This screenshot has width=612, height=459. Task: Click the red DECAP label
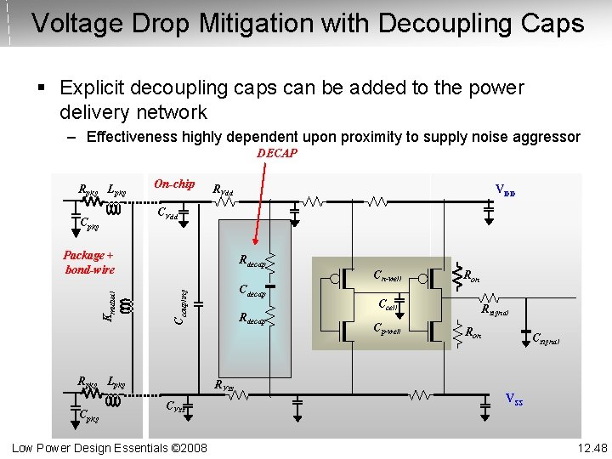[x=277, y=153]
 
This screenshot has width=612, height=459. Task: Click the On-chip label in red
[x=173, y=184]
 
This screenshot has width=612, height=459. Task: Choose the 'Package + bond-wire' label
[x=89, y=262]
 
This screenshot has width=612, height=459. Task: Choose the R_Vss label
[x=224, y=386]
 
